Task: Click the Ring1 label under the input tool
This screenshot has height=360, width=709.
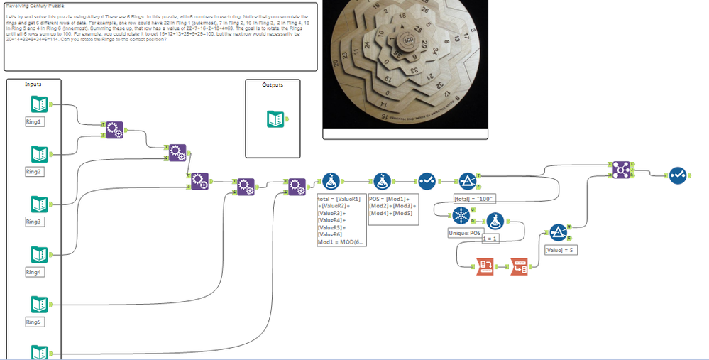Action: [x=34, y=121]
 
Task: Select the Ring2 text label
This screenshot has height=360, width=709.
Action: [x=34, y=172]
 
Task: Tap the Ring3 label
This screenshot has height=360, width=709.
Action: [x=34, y=222]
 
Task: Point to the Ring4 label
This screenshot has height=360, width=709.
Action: [x=34, y=272]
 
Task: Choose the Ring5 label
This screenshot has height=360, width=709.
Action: [x=34, y=322]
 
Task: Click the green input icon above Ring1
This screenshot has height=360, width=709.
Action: [x=39, y=104]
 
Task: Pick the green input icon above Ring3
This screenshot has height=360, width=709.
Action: [x=39, y=204]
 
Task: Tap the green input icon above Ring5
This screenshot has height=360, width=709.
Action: [x=39, y=305]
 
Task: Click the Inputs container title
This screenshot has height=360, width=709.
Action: [x=33, y=84]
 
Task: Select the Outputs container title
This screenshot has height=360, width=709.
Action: [x=273, y=84]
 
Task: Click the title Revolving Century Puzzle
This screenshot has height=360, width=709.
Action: [x=35, y=5]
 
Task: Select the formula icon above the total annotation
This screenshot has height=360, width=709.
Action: [x=331, y=182]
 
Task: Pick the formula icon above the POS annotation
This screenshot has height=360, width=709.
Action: [x=383, y=182]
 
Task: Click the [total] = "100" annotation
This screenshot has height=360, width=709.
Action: [x=474, y=198]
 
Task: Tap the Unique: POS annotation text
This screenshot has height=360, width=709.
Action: [x=465, y=232]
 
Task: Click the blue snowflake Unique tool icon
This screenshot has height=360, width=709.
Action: [x=461, y=215]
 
